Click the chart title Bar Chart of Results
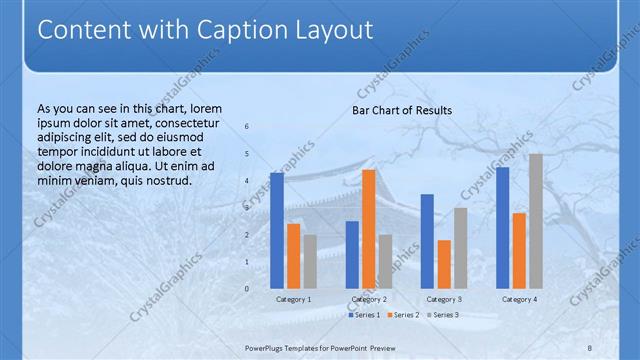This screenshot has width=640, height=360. point(401,110)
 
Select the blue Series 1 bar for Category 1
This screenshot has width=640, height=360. point(277,230)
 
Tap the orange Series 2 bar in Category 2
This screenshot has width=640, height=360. point(369,228)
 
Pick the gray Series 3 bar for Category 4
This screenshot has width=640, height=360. point(535,221)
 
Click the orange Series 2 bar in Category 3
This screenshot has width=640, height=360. point(444,264)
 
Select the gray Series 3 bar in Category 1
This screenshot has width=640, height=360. point(310,261)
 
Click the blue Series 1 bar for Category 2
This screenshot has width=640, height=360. point(352,254)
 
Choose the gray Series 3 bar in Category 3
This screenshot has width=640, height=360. point(460,248)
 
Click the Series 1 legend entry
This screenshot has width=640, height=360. point(365,315)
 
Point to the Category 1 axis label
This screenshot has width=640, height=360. point(293,299)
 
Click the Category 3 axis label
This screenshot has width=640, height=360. point(443,299)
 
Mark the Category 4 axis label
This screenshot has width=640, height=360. point(518,299)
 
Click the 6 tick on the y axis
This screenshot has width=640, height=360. point(247,127)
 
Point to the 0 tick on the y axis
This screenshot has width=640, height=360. point(247,289)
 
